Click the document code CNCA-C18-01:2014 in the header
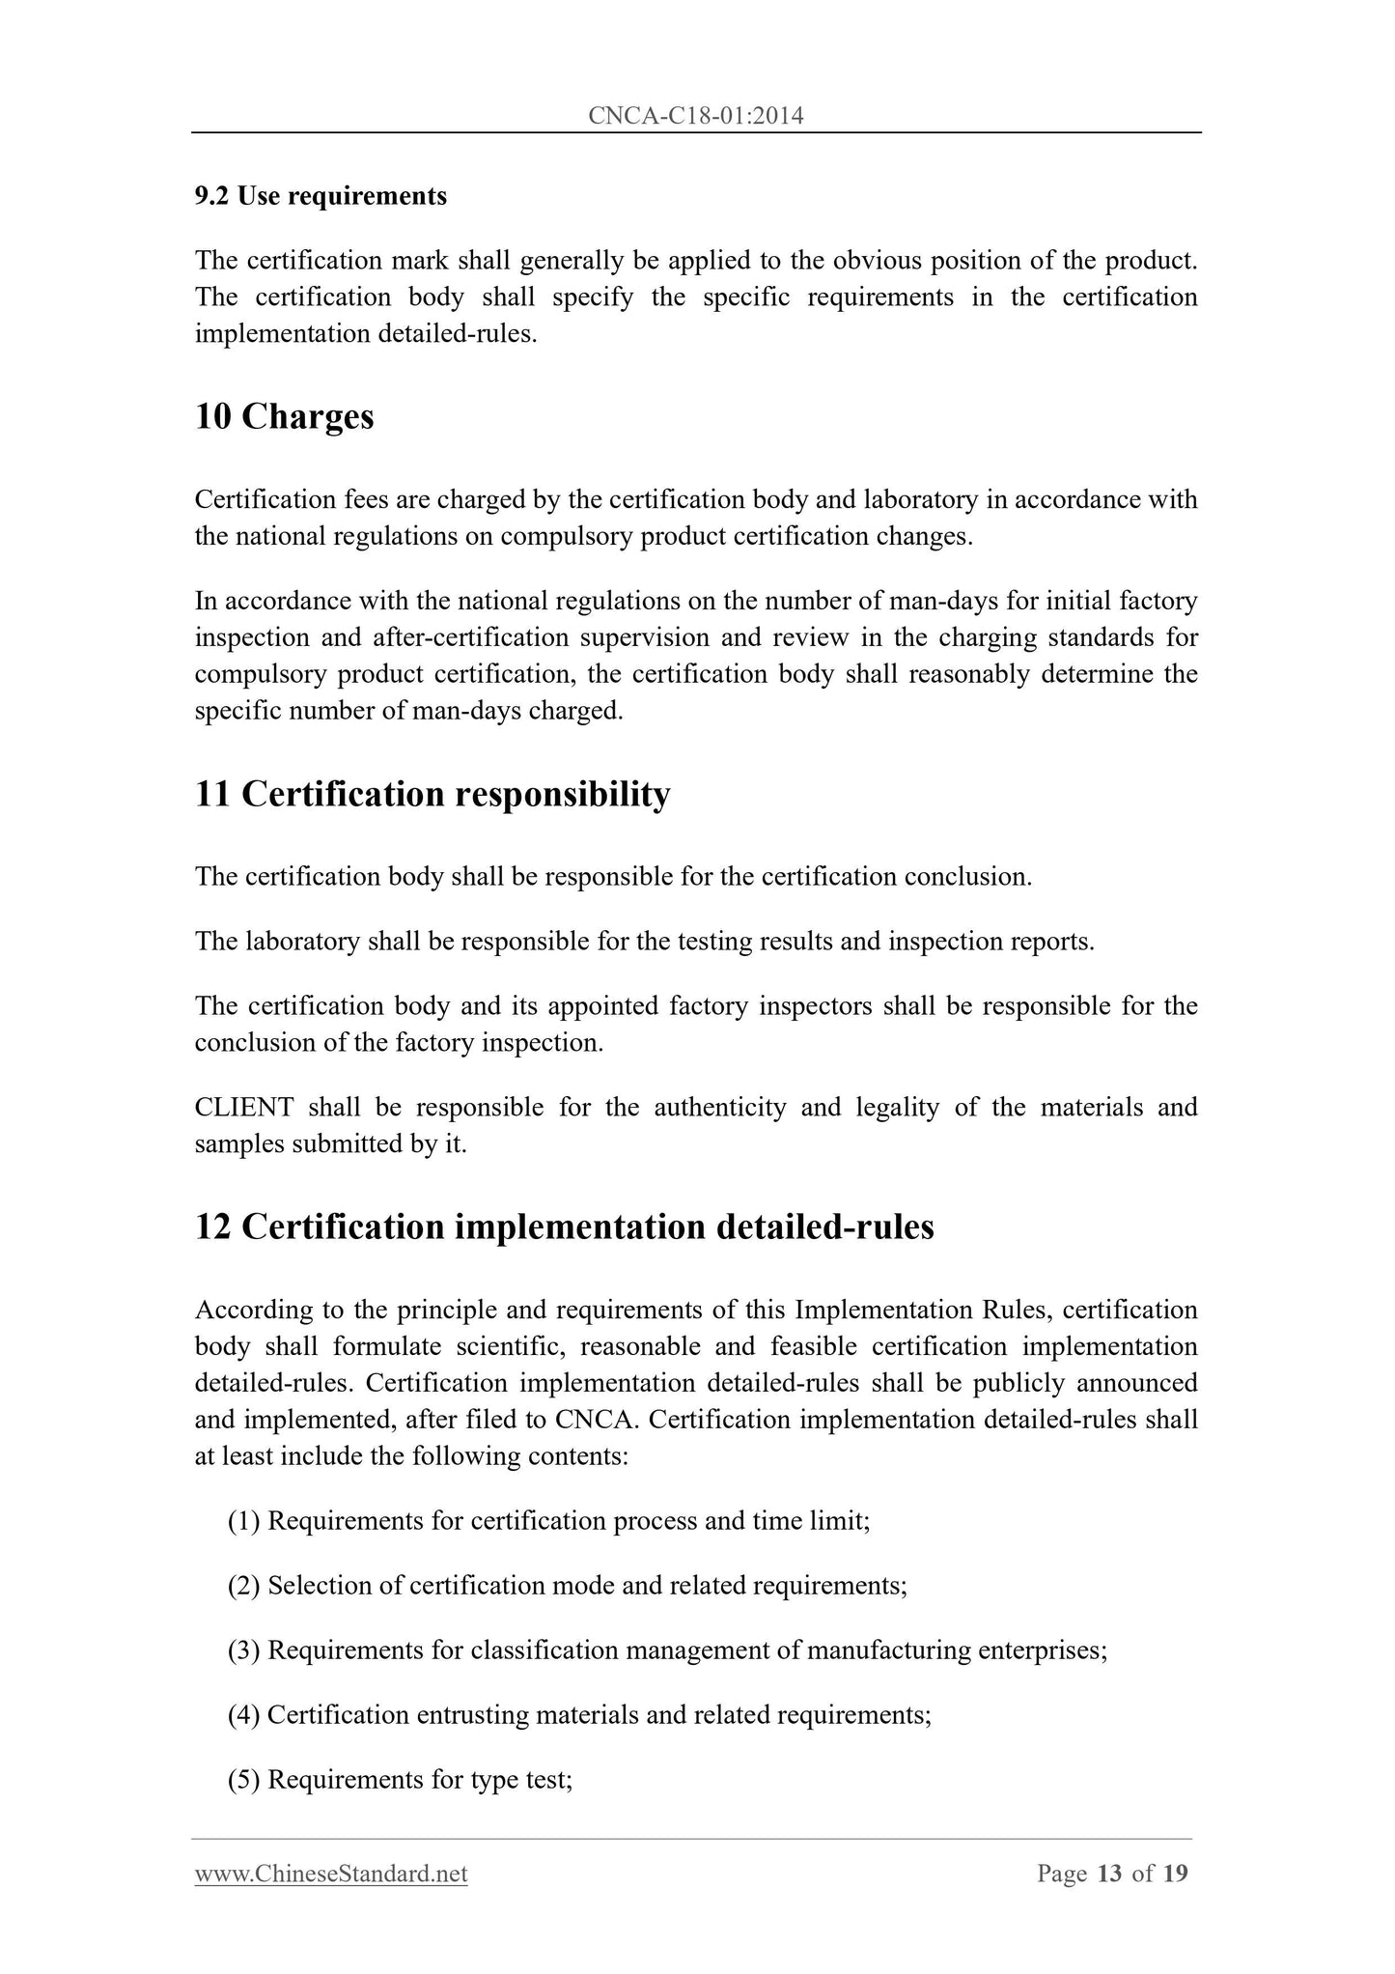(x=695, y=117)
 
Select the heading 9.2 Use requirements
(x=321, y=196)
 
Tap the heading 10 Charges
(x=284, y=416)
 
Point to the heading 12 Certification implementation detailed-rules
(x=564, y=1227)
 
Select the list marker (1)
(x=244, y=1521)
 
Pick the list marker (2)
(x=244, y=1586)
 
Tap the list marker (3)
(x=244, y=1650)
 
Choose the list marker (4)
(x=244, y=1715)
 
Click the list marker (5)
(x=244, y=1780)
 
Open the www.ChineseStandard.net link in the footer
(x=331, y=1875)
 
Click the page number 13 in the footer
(x=1109, y=1875)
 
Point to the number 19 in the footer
(x=1175, y=1875)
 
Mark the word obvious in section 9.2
(x=877, y=261)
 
